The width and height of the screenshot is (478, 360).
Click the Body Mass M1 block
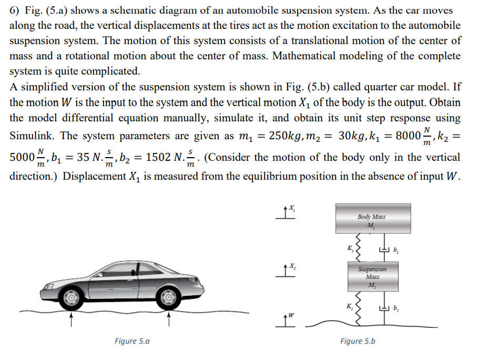point(371,221)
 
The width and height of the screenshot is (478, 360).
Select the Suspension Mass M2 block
point(371,277)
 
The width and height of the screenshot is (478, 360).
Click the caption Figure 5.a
point(131,341)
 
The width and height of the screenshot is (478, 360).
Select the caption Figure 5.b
point(357,341)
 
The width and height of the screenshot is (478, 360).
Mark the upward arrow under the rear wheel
point(169,320)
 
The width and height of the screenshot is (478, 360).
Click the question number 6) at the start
point(15,10)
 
